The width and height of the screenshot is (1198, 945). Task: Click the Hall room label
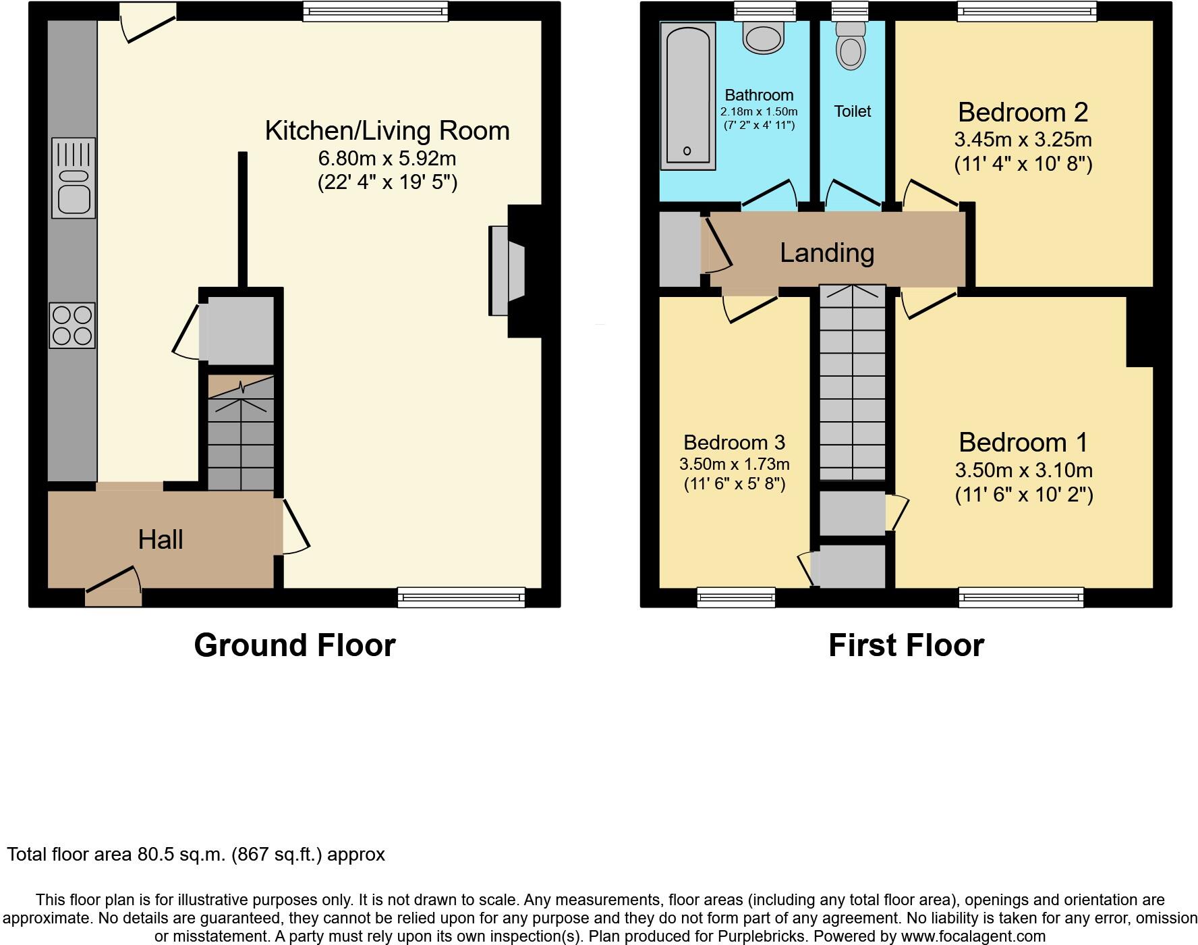pyautogui.click(x=161, y=539)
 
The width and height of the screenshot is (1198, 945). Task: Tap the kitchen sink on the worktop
pyautogui.click(x=74, y=178)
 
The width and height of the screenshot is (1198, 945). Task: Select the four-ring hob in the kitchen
pyautogui.click(x=72, y=325)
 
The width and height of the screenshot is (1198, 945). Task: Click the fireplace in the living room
pyautogui.click(x=507, y=271)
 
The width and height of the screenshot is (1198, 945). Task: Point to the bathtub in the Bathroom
pyautogui.click(x=688, y=95)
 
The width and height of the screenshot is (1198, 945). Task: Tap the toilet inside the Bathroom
pyautogui.click(x=764, y=37)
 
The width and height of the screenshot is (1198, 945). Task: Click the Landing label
pyautogui.click(x=827, y=252)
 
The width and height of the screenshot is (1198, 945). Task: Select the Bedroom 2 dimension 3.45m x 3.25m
pyautogui.click(x=1023, y=140)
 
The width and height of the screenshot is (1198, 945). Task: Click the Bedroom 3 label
pyautogui.click(x=734, y=442)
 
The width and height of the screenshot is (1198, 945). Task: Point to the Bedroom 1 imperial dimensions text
pyautogui.click(x=1023, y=495)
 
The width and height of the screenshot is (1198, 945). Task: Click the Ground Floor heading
pyautogui.click(x=294, y=645)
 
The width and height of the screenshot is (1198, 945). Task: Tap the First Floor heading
pyautogui.click(x=906, y=645)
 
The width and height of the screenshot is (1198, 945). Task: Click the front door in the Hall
pyautogui.click(x=113, y=588)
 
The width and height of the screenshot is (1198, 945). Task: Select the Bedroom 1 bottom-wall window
pyautogui.click(x=1021, y=597)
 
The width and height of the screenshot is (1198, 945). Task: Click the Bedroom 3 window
pyautogui.click(x=736, y=597)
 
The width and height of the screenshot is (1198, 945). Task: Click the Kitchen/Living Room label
pyautogui.click(x=387, y=131)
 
